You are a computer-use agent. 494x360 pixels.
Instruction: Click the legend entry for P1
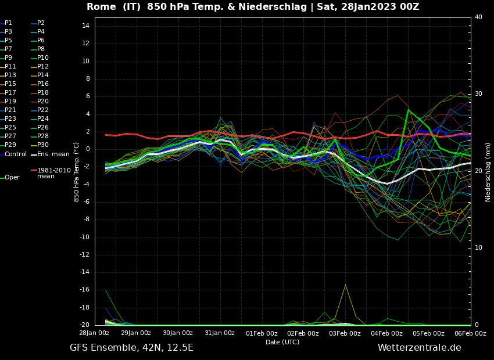pos(8,23)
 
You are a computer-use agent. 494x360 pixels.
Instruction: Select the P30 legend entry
pos(43,145)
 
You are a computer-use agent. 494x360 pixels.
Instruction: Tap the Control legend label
pos(16,154)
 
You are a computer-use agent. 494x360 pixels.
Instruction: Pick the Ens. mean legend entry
pos(53,154)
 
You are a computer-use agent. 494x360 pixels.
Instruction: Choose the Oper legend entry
pos(12,178)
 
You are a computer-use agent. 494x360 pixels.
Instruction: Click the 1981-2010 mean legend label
pos(53,173)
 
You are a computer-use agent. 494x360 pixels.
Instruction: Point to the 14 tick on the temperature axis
pos(85,26)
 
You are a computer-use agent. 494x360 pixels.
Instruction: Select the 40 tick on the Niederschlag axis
pos(478,17)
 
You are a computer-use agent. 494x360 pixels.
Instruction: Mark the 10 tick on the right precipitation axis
pos(478,248)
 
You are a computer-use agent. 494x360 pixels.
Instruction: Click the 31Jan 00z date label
pos(220,333)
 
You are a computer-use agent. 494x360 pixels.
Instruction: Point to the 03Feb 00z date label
pos(345,333)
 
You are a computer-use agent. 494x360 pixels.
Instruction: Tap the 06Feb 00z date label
pos(470,333)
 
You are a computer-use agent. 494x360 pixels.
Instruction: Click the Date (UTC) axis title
pos(282,343)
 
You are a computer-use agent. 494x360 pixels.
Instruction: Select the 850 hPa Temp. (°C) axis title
pos(77,171)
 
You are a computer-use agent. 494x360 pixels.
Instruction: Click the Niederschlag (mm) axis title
pos(488,172)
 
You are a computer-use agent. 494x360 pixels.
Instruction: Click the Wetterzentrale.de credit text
pos(419,348)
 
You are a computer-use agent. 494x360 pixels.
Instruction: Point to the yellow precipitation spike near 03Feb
pos(345,286)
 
